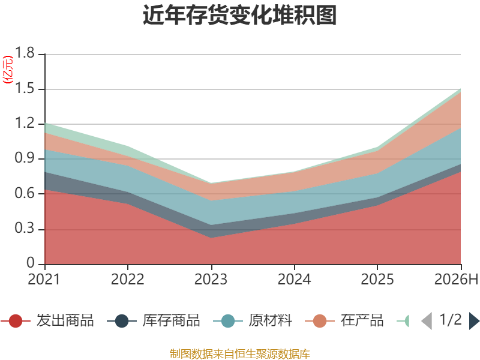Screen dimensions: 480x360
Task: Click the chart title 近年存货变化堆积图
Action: pyautogui.click(x=239, y=14)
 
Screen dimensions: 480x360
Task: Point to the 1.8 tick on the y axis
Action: pyautogui.click(x=25, y=53)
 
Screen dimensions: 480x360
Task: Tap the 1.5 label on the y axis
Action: pyautogui.click(x=25, y=88)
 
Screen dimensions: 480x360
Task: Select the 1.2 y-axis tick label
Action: pyautogui.click(x=25, y=123)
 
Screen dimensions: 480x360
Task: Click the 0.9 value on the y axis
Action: pyautogui.click(x=25, y=158)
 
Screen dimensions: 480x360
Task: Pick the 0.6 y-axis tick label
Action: pyautogui.click(x=25, y=193)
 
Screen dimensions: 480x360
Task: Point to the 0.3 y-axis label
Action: pyautogui.click(x=25, y=228)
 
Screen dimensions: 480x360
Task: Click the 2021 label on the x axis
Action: pyautogui.click(x=44, y=279)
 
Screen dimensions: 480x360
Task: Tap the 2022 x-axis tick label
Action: pyautogui.click(x=127, y=279)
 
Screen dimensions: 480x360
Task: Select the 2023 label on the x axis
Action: pyautogui.click(x=211, y=279)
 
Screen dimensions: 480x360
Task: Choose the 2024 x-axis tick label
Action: pyautogui.click(x=294, y=279)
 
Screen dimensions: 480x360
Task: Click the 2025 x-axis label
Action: pyautogui.click(x=377, y=279)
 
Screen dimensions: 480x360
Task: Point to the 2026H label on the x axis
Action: pyautogui.click(x=456, y=279)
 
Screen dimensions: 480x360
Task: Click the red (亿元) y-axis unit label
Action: pyautogui.click(x=8, y=70)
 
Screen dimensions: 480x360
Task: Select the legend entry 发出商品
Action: pyautogui.click(x=47, y=320)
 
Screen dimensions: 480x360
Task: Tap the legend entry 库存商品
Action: pyautogui.click(x=154, y=320)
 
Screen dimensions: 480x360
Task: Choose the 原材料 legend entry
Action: pyautogui.click(x=253, y=320)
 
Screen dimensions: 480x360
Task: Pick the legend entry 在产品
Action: pyautogui.click(x=344, y=320)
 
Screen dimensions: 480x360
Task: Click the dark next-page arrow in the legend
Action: pyautogui.click(x=474, y=321)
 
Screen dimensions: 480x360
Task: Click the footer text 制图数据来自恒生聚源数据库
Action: pyautogui.click(x=239, y=354)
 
